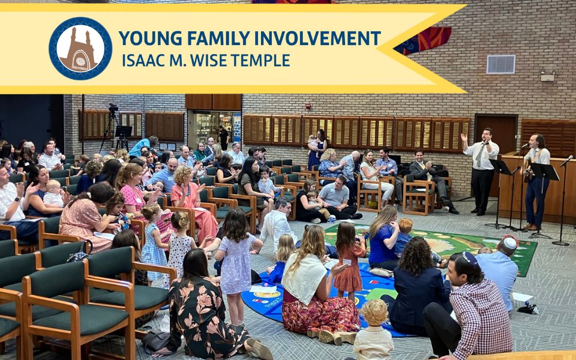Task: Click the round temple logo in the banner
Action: pyautogui.click(x=80, y=49)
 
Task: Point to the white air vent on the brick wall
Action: pyautogui.click(x=500, y=64)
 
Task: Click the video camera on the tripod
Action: pyautogui.click(x=113, y=107)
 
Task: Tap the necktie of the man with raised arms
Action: pyautogui.click(x=480, y=156)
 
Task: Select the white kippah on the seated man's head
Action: pyautogui.click(x=510, y=243)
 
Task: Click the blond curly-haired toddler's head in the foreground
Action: pyautogui.click(x=374, y=313)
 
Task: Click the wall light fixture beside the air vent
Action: pyautogui.click(x=547, y=76)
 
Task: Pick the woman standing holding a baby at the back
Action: pyautogui.click(x=317, y=149)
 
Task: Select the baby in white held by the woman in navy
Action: pyautogui.click(x=53, y=194)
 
